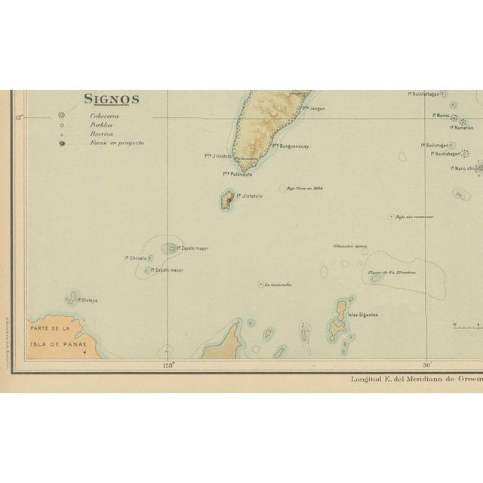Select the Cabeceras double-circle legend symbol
click(x=61, y=115)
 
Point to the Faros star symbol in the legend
click(x=61, y=142)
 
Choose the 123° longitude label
click(x=168, y=366)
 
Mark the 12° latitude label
click(x=19, y=115)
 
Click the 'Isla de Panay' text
click(x=58, y=343)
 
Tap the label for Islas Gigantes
click(x=363, y=314)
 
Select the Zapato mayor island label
click(x=194, y=248)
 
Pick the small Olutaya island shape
click(x=74, y=297)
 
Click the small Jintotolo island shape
click(x=226, y=199)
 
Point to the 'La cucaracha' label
click(x=277, y=285)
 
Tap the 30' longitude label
click(x=427, y=366)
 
